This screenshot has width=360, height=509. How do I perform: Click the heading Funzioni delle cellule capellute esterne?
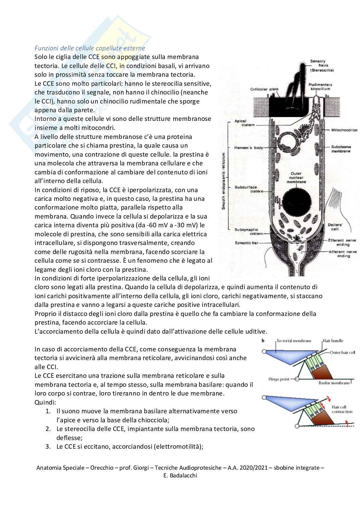[90, 48]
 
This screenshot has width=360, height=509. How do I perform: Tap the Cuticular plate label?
[264, 89]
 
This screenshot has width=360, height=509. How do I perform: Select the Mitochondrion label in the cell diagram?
[344, 130]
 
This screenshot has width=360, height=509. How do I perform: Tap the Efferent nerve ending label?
[343, 242]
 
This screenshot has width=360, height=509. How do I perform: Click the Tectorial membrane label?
[294, 341]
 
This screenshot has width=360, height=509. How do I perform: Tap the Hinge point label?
[279, 379]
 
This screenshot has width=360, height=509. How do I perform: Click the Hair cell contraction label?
[342, 409]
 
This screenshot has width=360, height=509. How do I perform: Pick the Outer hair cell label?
[342, 352]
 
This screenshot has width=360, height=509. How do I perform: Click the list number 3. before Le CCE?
[48, 446]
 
